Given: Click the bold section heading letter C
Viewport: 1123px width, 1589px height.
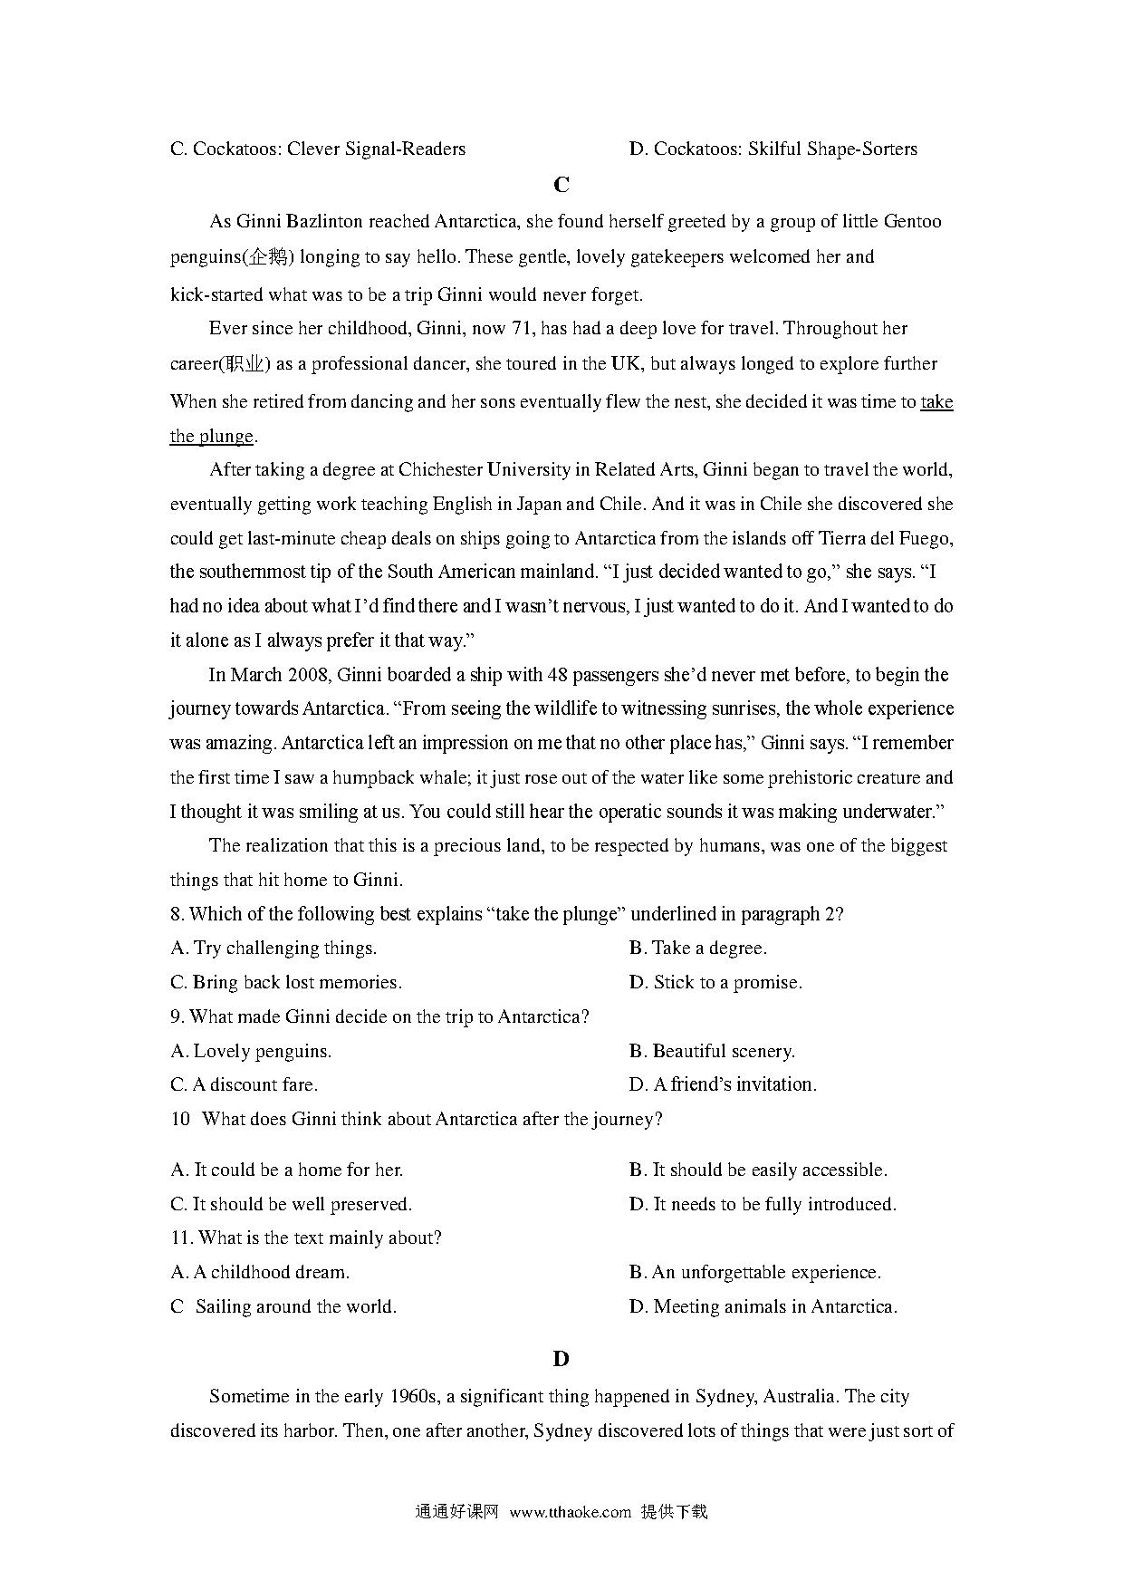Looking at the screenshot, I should pos(561,186).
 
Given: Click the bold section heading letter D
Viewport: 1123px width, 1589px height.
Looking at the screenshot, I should pos(561,1359).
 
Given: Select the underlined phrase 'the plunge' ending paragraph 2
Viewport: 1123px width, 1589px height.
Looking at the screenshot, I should pos(211,437).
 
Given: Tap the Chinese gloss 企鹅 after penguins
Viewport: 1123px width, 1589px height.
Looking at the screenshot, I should pos(268,257).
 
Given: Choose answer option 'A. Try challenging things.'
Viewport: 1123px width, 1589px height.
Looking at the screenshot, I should pos(274,949).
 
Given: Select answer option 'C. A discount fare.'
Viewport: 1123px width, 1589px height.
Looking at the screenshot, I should pos(244,1085).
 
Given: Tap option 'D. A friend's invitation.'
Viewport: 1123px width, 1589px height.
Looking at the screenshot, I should pos(723,1085).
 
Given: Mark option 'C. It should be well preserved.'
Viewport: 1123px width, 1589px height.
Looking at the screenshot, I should pos(291,1205).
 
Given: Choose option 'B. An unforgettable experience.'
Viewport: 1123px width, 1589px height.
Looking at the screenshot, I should pos(754,1273).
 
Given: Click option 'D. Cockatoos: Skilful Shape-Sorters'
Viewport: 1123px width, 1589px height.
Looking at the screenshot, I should pos(773,149).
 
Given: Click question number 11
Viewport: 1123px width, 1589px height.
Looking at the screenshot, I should pos(180,1238).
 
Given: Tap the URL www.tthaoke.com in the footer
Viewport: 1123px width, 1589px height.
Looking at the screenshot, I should pos(570,1512).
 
